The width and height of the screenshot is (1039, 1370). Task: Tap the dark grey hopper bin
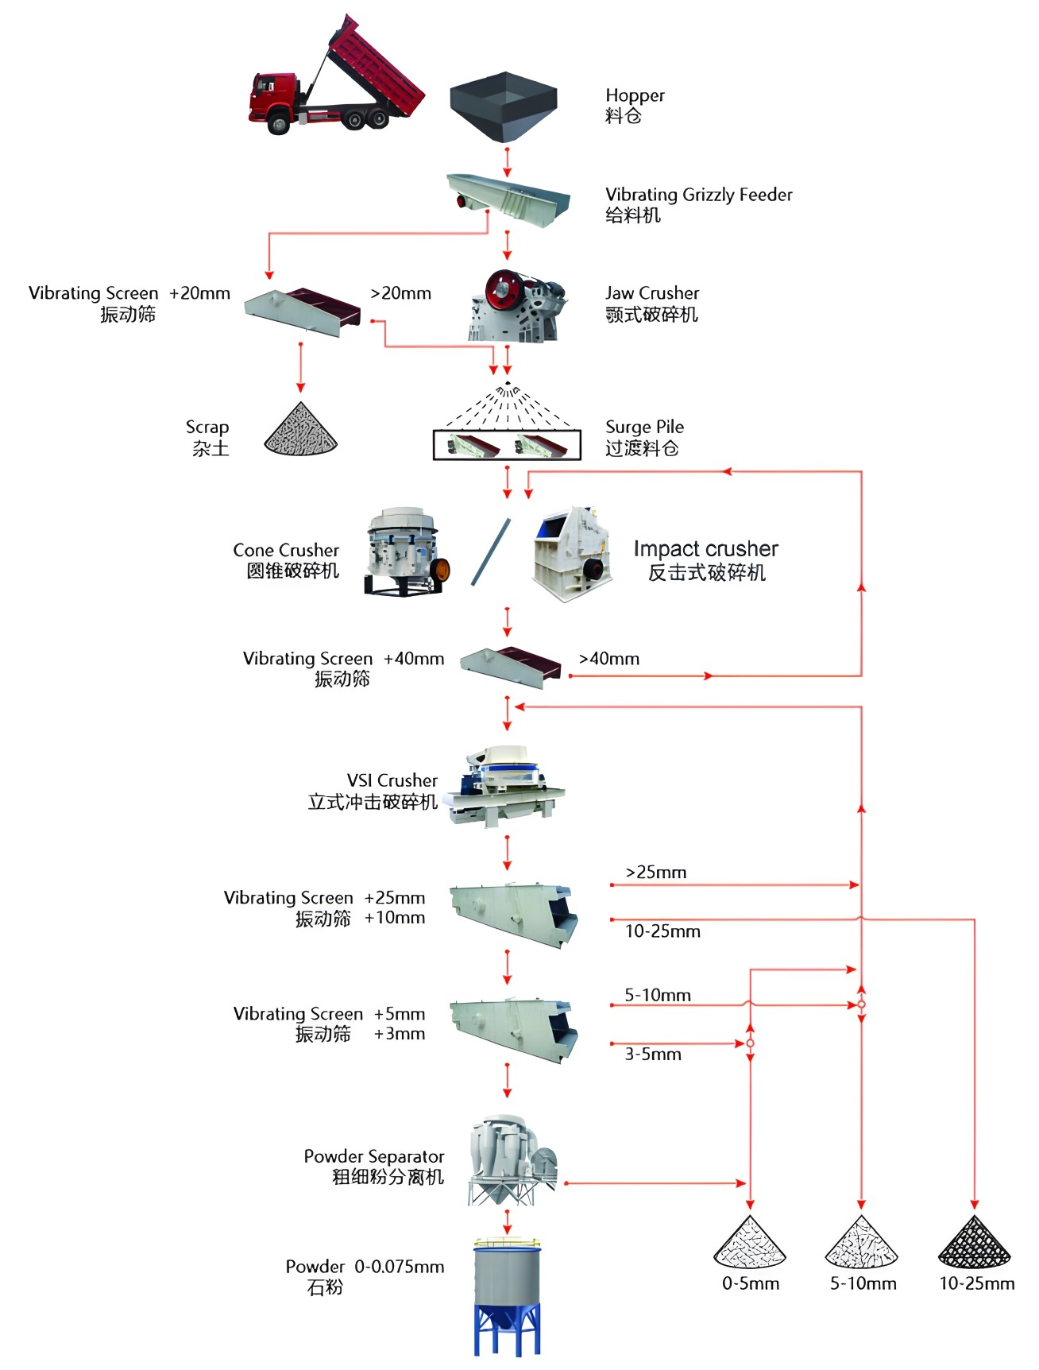[504, 104]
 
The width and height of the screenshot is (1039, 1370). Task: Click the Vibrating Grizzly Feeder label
[698, 195]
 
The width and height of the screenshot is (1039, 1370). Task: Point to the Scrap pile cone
[301, 431]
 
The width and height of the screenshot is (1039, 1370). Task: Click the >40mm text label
[609, 659]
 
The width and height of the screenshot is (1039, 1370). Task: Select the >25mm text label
[656, 873]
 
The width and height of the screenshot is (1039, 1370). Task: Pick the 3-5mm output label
[653, 1055]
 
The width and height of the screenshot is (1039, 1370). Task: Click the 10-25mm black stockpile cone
[975, 1244]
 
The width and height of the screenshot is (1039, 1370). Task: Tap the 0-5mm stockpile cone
[750, 1244]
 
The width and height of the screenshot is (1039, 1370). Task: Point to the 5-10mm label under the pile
[863, 1283]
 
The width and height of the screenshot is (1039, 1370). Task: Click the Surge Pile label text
[644, 427]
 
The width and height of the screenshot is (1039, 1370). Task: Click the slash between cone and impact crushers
[491, 552]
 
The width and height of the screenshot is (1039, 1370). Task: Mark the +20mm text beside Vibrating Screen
[199, 293]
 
